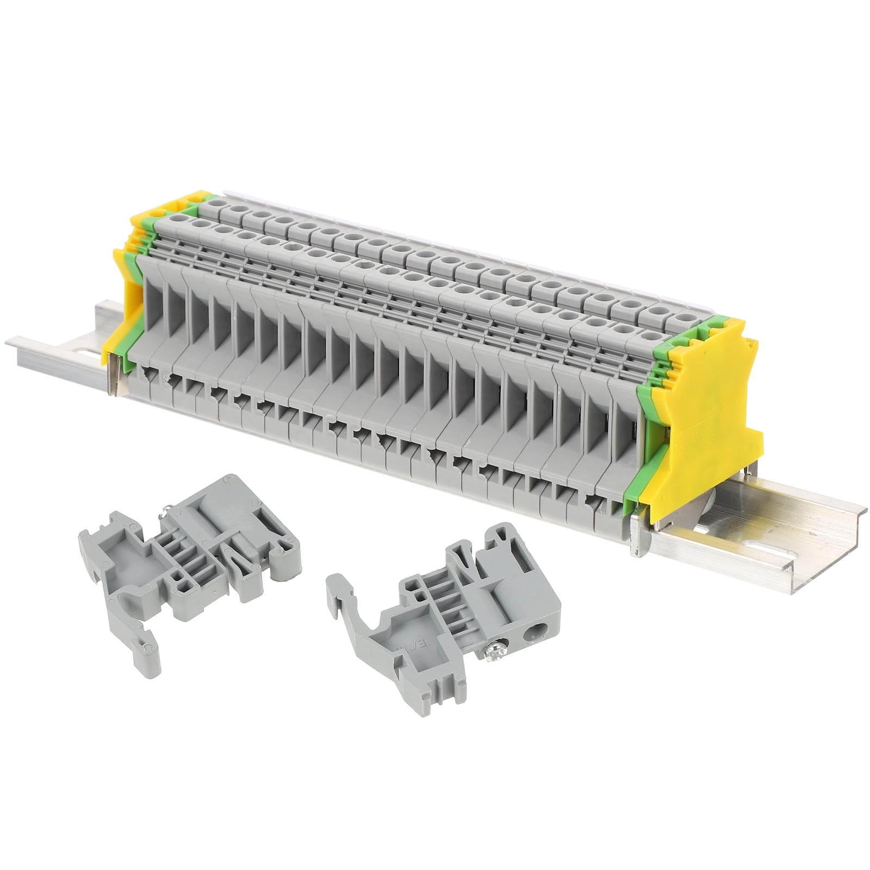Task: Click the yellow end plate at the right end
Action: (x=707, y=413)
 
